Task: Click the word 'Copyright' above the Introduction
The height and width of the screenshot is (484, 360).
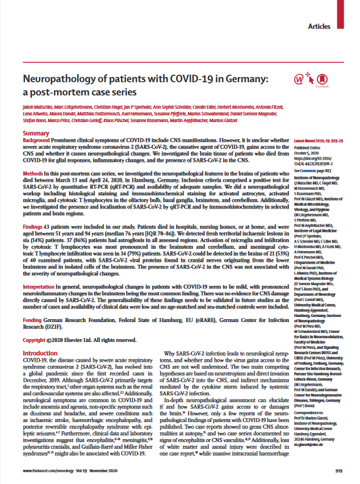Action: pos(38,307)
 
